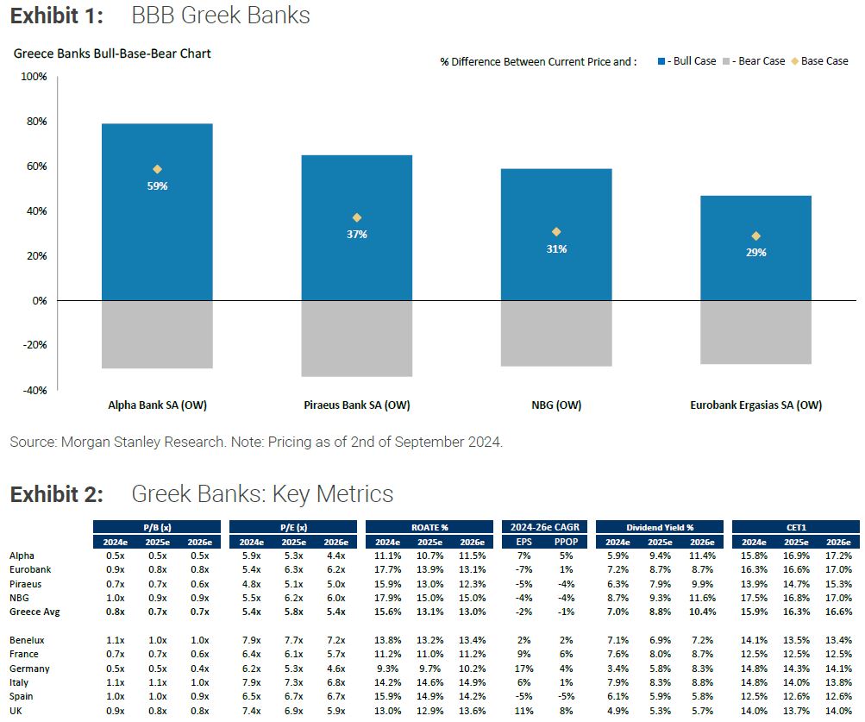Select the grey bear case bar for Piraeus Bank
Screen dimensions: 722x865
point(357,338)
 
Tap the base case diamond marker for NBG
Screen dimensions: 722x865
point(556,231)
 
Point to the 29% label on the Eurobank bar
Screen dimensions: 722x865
point(756,253)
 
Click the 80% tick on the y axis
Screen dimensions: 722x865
point(35,122)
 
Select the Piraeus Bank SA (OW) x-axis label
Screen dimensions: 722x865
point(357,405)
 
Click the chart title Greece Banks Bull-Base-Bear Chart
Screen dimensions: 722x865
point(112,53)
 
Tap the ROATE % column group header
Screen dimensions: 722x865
point(430,527)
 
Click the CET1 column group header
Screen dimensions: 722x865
point(795,527)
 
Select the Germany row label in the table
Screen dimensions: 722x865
point(30,669)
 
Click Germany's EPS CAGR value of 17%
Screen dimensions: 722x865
point(524,669)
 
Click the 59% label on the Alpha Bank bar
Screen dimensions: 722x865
point(157,186)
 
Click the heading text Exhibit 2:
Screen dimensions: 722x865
point(57,494)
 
